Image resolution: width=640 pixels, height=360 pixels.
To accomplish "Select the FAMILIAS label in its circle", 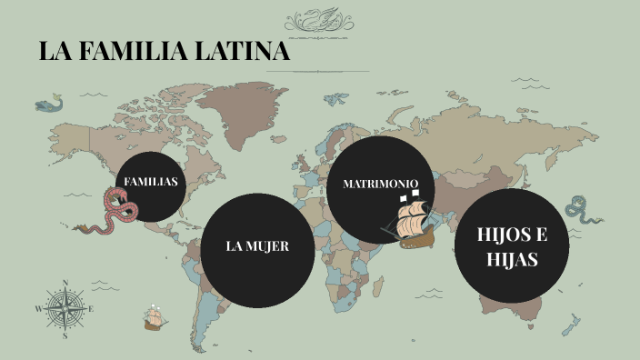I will (x=150, y=182).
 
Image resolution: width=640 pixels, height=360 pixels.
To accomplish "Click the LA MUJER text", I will (x=257, y=246).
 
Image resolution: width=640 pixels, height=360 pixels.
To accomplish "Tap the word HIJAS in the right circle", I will (x=512, y=259).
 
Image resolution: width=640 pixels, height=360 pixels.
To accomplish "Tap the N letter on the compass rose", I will (x=65, y=283).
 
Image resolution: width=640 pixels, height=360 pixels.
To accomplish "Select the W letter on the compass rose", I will (x=38, y=309).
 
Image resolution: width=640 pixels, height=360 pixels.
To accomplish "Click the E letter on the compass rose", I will (x=92, y=309).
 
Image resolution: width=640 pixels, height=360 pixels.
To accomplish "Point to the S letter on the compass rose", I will (x=65, y=335).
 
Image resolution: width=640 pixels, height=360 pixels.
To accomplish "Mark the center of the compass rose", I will (x=65, y=309).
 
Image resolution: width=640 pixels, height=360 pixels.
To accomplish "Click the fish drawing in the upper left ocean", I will (x=49, y=105).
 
